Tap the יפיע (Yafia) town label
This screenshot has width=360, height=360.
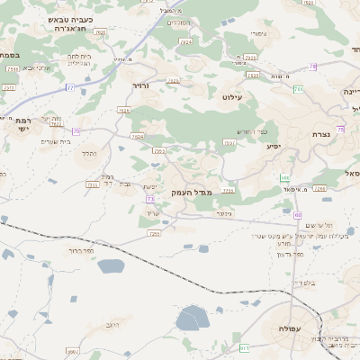pyautogui.click(x=274, y=146)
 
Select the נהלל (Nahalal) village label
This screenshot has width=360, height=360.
pyautogui.click(x=89, y=154)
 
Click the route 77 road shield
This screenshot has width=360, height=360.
pyautogui.click(x=70, y=87)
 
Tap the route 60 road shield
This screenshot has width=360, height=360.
pyautogui.click(x=298, y=215)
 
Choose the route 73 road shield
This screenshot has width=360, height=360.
pyautogui.click(x=150, y=198)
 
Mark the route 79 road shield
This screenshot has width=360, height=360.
pyautogui.click(x=312, y=66)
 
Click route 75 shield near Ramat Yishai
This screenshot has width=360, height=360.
pyautogui.click(x=76, y=131)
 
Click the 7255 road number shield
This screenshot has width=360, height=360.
pyautogui.click(x=154, y=232)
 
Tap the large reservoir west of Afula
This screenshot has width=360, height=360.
pyautogui.click(x=191, y=318)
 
